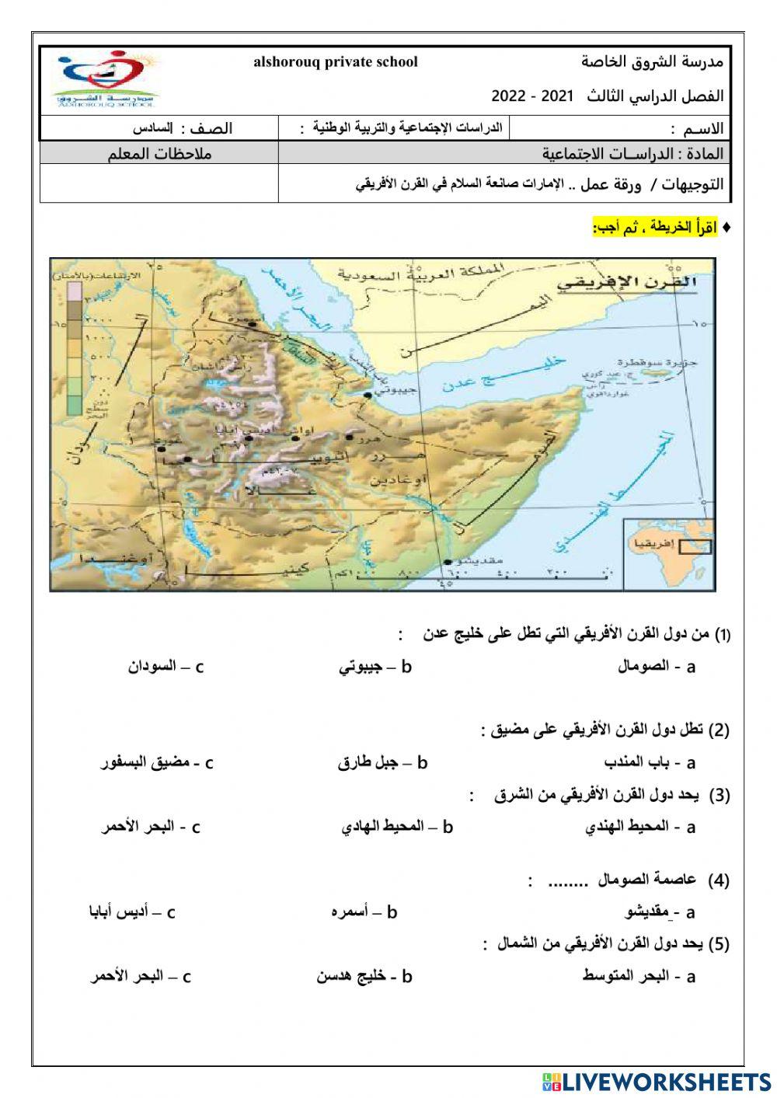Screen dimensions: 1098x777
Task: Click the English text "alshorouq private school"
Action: coord(336,62)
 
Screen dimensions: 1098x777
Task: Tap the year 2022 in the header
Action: coord(509,96)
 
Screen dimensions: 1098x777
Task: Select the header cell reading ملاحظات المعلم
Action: coord(159,153)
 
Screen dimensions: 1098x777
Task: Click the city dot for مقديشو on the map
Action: coord(447,562)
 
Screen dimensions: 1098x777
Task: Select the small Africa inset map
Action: coord(666,553)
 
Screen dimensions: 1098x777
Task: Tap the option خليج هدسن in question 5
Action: coord(353,977)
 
